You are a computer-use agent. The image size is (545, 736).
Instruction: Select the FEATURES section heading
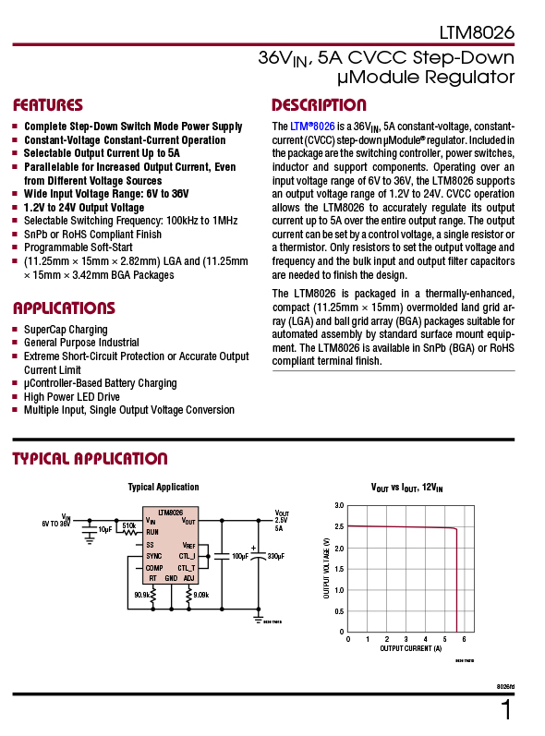(x=48, y=105)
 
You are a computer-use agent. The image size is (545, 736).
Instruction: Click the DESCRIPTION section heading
(x=319, y=105)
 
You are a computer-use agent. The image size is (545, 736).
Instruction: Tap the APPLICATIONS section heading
(x=64, y=308)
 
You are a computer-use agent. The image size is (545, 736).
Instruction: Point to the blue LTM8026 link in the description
(x=312, y=126)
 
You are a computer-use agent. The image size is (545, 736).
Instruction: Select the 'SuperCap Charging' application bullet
(x=66, y=330)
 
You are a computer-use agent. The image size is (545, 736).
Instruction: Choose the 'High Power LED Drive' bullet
(x=72, y=396)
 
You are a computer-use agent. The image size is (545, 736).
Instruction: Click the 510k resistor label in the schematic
(x=128, y=525)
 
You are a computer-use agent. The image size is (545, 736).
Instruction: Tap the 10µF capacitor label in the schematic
(x=105, y=530)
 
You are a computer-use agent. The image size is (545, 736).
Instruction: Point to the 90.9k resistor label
(x=142, y=595)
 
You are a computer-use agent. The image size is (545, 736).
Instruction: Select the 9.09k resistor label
(x=200, y=595)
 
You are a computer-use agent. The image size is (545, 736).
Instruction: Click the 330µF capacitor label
(x=275, y=557)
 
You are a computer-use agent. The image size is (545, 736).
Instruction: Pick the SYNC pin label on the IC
(x=154, y=556)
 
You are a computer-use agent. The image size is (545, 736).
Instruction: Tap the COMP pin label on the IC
(x=154, y=567)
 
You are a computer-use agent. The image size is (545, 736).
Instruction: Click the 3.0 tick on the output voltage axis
(x=338, y=506)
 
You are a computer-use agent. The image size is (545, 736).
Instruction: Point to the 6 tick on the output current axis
(x=464, y=639)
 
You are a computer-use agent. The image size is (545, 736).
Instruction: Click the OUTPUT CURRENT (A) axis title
(x=406, y=649)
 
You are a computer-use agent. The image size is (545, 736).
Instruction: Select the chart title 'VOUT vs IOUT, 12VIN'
(x=406, y=487)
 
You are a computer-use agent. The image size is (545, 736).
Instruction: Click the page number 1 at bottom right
(x=505, y=710)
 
